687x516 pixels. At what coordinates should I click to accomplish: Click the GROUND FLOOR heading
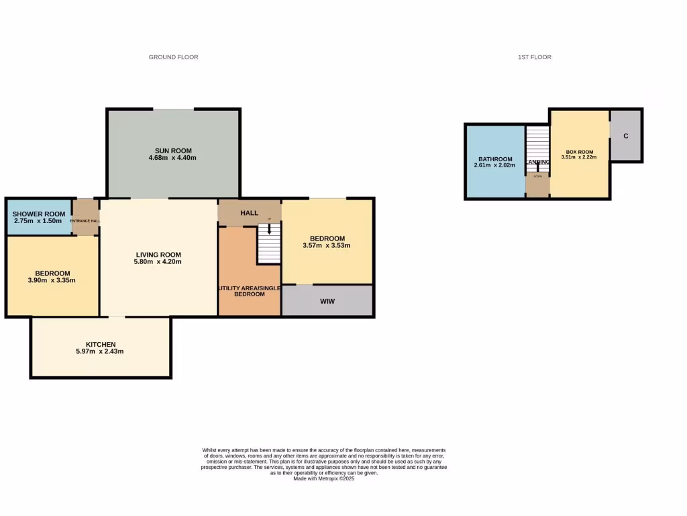(173, 57)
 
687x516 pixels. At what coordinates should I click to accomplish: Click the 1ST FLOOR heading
(534, 57)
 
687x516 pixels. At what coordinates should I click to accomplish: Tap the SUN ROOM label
(173, 150)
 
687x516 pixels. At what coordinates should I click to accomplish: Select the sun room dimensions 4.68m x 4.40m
(173, 158)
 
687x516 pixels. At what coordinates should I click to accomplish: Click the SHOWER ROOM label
(38, 214)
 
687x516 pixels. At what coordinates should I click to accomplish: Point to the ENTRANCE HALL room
(86, 220)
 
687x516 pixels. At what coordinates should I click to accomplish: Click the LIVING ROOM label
(158, 255)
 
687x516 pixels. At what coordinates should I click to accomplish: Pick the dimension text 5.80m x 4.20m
(158, 262)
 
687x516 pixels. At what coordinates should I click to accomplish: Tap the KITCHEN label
(101, 344)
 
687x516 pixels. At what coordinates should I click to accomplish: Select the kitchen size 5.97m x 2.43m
(101, 351)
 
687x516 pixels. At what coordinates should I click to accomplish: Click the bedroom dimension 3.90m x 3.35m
(52, 280)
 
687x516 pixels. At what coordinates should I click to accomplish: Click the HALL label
(249, 213)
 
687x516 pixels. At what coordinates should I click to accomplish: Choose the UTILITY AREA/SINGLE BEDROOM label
(249, 291)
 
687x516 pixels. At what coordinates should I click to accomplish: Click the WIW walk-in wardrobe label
(327, 302)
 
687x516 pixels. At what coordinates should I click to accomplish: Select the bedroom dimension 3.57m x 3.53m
(327, 246)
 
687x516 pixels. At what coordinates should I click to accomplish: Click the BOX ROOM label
(580, 151)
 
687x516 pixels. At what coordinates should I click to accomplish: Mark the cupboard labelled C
(625, 136)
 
